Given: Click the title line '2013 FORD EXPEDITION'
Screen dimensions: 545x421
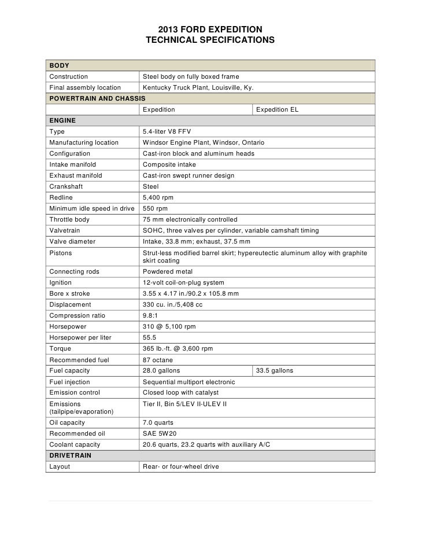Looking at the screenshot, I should tap(210, 29).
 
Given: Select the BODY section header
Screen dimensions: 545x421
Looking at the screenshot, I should tap(58, 66).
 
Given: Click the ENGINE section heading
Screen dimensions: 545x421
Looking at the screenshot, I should tap(62, 121).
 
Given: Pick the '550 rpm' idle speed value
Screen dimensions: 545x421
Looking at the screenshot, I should tap(155, 209).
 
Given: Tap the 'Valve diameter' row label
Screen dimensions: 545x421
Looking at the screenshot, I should tap(72, 242).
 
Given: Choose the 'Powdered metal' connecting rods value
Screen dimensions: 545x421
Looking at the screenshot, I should tap(168, 271).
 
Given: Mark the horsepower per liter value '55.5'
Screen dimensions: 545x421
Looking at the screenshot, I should tap(150, 337).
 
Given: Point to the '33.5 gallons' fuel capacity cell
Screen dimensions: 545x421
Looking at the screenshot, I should tap(275, 370).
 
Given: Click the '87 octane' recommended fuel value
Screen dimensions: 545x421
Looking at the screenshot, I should tap(157, 360).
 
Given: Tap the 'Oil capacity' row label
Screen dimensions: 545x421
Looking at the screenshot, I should tap(67, 422).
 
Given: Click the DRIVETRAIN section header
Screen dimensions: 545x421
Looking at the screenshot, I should tap(70, 455).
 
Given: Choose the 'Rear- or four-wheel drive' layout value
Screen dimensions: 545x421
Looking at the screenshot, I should tap(180, 466).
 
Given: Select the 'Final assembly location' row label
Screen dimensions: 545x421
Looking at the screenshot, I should tap(85, 88).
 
